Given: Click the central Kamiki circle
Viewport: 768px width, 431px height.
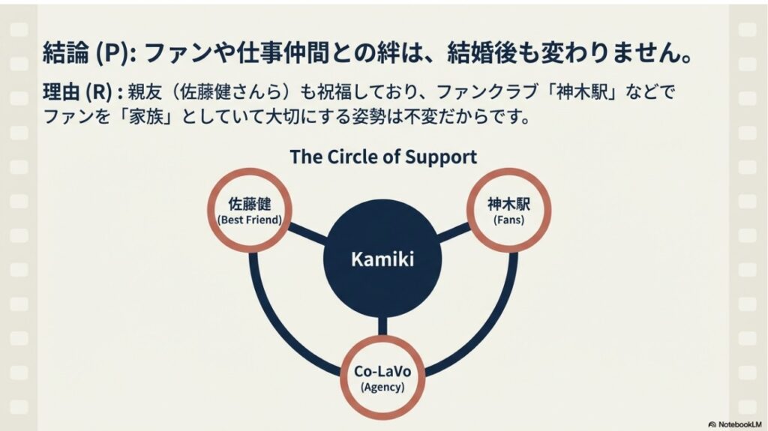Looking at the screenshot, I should [x=383, y=259].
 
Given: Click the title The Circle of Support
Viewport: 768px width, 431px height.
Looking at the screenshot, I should [x=383, y=157].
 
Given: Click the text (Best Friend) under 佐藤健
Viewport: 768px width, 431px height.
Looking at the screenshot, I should [x=249, y=220].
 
